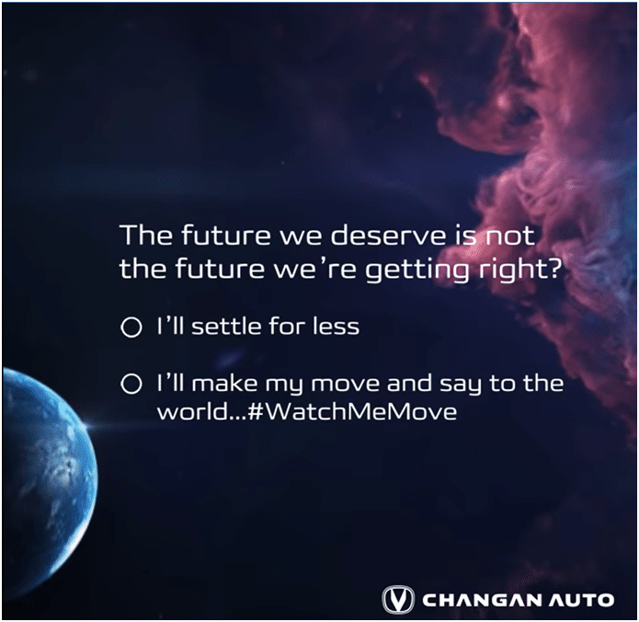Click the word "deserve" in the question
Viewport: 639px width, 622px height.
[x=388, y=236]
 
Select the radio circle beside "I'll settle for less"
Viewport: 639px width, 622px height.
[x=131, y=327]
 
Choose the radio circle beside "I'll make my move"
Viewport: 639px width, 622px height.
[x=131, y=384]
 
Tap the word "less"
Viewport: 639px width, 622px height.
[x=337, y=327]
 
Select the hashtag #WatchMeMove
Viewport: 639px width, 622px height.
[x=352, y=411]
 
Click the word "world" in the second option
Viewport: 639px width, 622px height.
[x=191, y=411]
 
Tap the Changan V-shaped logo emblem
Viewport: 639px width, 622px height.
[x=398, y=600]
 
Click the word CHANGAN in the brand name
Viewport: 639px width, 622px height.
[x=482, y=600]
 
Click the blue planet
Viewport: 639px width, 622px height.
[x=49, y=473]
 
